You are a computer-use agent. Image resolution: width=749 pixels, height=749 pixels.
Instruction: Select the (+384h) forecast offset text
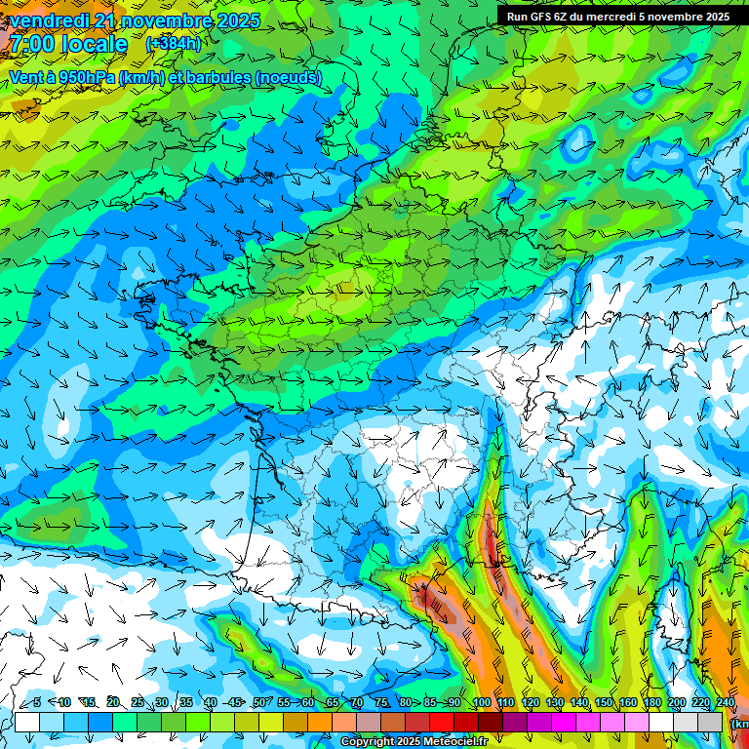[173, 44]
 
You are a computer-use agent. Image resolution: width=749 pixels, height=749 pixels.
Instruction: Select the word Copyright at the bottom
[369, 742]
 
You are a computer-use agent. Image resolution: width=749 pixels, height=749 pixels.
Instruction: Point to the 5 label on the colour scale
[37, 702]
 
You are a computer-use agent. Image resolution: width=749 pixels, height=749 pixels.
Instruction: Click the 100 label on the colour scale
[481, 702]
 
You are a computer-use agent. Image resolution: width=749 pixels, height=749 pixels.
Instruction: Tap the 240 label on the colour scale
[726, 702]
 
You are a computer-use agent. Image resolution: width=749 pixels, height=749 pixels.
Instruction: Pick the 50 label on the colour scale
[259, 702]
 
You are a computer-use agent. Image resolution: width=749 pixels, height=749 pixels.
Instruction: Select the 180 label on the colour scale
[651, 702]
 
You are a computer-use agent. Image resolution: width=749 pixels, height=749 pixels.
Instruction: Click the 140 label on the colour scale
[578, 702]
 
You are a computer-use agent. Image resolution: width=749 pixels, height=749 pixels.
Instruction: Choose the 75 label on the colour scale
[381, 702]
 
